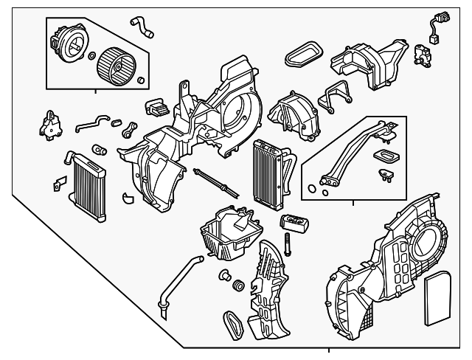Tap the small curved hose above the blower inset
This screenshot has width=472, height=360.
pyautogui.click(x=142, y=26)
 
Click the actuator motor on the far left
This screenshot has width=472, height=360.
pyautogui.click(x=49, y=122)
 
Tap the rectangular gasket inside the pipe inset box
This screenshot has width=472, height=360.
pyautogui.click(x=384, y=156)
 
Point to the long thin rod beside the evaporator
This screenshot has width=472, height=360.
pyautogui.click(x=215, y=181)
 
